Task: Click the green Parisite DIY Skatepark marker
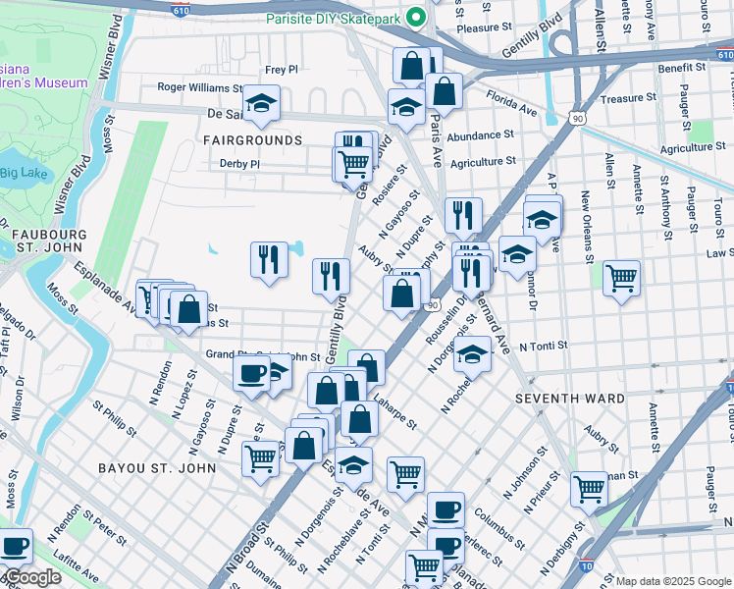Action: tap(416, 18)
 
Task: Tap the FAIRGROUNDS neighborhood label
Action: tap(253, 140)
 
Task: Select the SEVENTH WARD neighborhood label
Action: tap(570, 399)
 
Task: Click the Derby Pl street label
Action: tap(239, 164)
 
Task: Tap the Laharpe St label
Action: tap(394, 419)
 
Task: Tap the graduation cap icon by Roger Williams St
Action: tap(261, 102)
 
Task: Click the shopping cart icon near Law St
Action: tap(621, 277)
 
